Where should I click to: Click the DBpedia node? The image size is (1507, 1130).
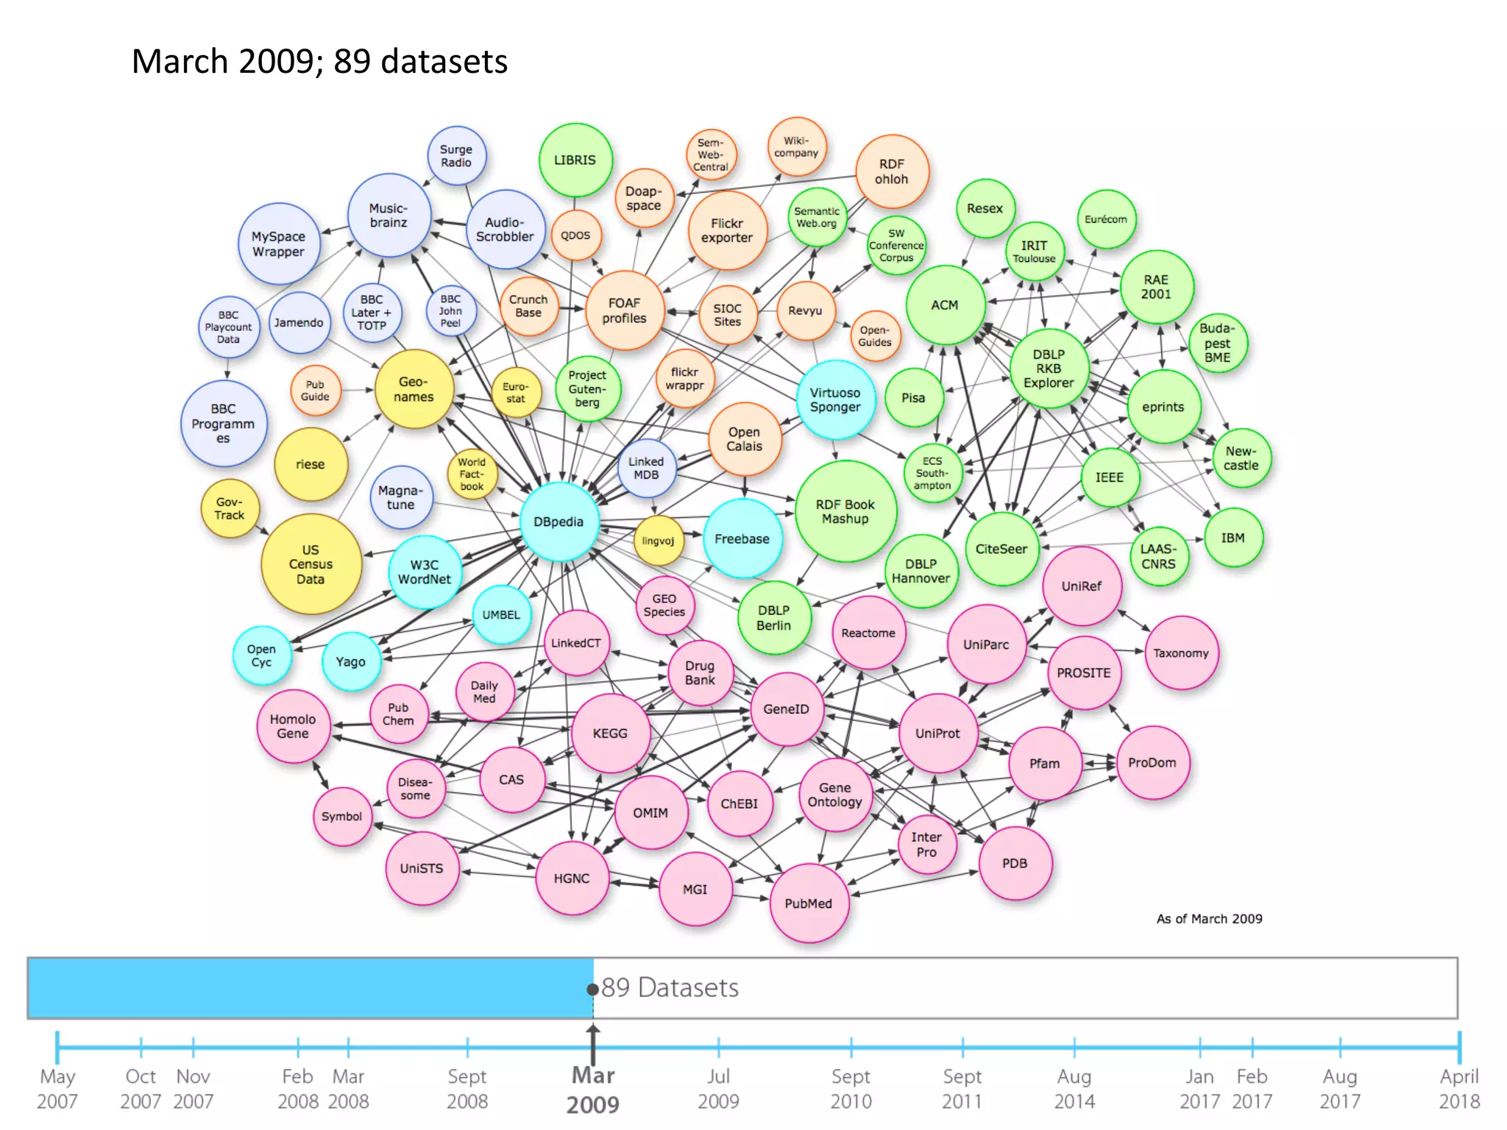[559, 522]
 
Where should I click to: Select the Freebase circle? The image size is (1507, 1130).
[742, 539]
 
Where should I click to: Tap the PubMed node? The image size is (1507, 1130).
[808, 903]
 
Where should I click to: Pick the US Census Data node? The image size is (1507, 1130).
[311, 564]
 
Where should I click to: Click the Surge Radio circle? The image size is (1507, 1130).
[456, 156]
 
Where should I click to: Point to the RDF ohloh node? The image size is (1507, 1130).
[891, 171]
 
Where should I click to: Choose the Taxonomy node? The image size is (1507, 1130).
[1180, 653]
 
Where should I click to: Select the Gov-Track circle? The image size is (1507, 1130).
[230, 508]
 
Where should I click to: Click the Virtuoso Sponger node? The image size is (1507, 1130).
[835, 399]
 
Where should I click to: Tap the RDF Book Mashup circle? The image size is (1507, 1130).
[845, 511]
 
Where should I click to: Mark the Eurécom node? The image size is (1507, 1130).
[1105, 219]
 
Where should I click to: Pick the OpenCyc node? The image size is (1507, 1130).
[261, 655]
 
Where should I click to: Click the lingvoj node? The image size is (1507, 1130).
[658, 541]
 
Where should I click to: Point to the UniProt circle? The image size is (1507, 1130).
[937, 733]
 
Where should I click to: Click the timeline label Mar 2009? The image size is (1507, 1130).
[593, 1090]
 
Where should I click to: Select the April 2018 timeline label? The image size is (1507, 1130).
[1458, 1089]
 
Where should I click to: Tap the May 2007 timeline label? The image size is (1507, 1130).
[57, 1089]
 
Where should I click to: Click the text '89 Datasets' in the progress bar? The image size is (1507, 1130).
[670, 988]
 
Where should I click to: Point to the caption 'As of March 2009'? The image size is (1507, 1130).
[1209, 919]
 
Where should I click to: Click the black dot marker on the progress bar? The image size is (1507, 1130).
[592, 989]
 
